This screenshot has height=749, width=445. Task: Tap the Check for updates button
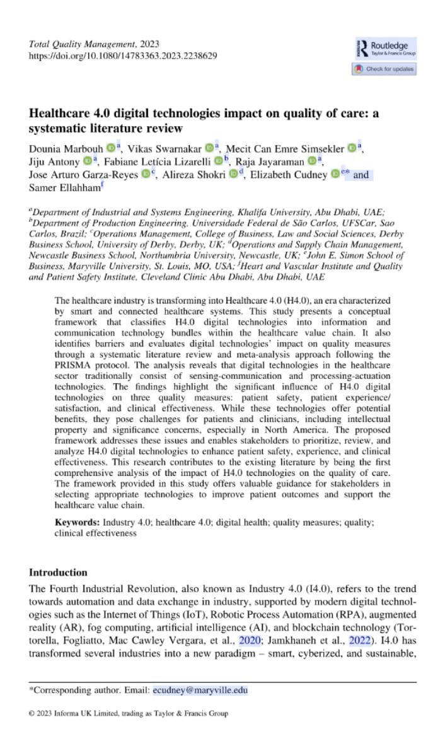coord(384,69)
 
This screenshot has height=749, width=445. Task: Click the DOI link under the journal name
coord(124,55)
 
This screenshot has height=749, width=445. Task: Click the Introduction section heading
coord(59,572)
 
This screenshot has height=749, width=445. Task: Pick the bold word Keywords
coord(77,523)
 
